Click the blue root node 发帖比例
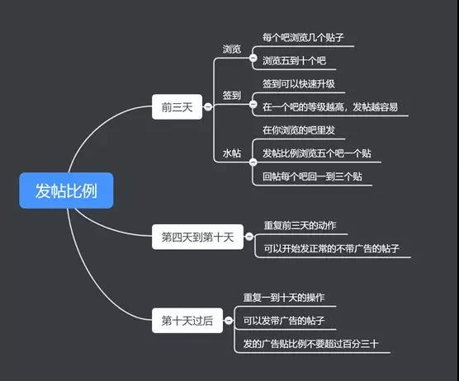tap(66, 190)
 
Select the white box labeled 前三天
tap(177, 106)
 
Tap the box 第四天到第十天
tap(197, 237)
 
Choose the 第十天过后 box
tap(187, 321)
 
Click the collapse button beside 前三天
tap(208, 106)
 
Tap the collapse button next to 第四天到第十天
tap(248, 237)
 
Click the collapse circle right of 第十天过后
tap(229, 321)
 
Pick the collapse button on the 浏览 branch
tap(253, 58)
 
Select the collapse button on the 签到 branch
tap(253, 104)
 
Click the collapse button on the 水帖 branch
tap(253, 162)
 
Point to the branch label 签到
tap(231, 96)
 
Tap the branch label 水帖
tap(231, 153)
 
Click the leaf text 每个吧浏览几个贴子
tap(303, 37)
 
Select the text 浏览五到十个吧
tap(294, 60)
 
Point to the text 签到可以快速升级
tap(298, 84)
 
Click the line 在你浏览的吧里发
tap(298, 130)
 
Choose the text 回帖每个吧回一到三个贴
tap(312, 176)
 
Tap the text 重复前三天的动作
tap(300, 225)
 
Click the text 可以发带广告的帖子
tap(284, 321)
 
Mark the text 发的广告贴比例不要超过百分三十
tap(310, 344)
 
